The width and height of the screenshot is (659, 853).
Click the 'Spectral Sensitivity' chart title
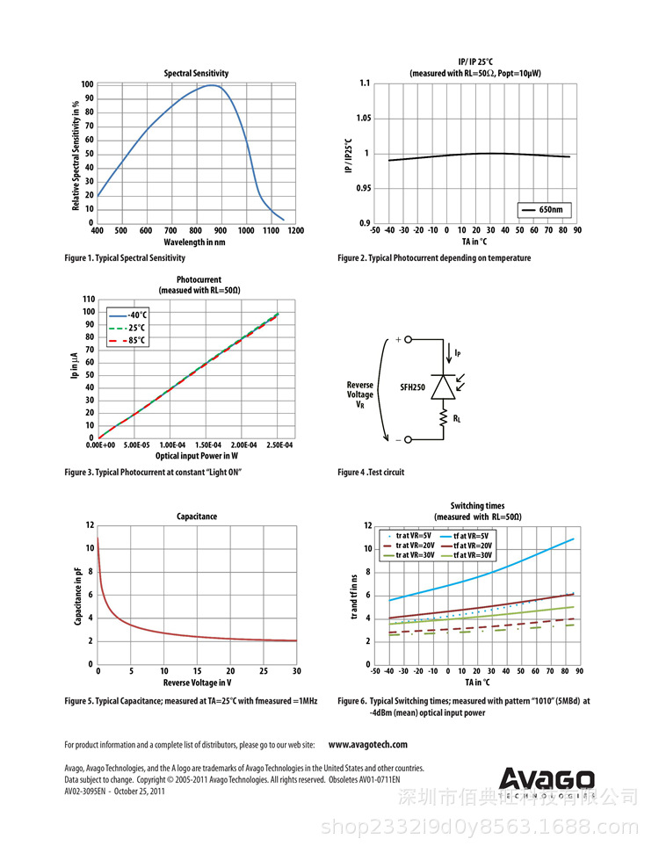(197, 73)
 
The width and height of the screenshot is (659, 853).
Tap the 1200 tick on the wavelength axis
(295, 231)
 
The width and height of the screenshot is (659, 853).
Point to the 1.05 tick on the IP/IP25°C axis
(358, 119)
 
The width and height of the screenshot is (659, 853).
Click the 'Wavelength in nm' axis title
(195, 242)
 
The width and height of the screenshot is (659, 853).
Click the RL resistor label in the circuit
(458, 420)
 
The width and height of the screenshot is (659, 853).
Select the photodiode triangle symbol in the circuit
(443, 387)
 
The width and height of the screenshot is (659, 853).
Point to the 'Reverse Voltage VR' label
(360, 394)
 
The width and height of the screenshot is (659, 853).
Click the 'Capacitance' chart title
(197, 517)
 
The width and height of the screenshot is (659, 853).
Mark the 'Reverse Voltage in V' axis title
(197, 683)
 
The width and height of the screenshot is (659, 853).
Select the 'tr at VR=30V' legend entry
(414, 555)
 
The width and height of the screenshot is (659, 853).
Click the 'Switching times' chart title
(477, 506)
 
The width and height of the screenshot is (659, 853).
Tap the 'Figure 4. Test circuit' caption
(371, 473)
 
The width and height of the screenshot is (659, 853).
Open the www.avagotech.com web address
(367, 745)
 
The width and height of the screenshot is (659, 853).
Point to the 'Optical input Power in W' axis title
(197, 457)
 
